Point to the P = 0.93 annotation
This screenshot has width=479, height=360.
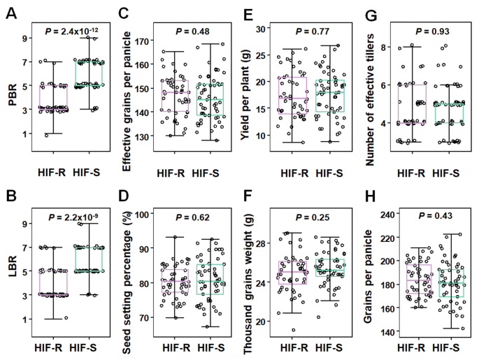pos(434,31)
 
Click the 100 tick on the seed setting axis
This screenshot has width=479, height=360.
pos(143,215)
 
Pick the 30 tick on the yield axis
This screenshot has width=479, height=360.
pos(264,29)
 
